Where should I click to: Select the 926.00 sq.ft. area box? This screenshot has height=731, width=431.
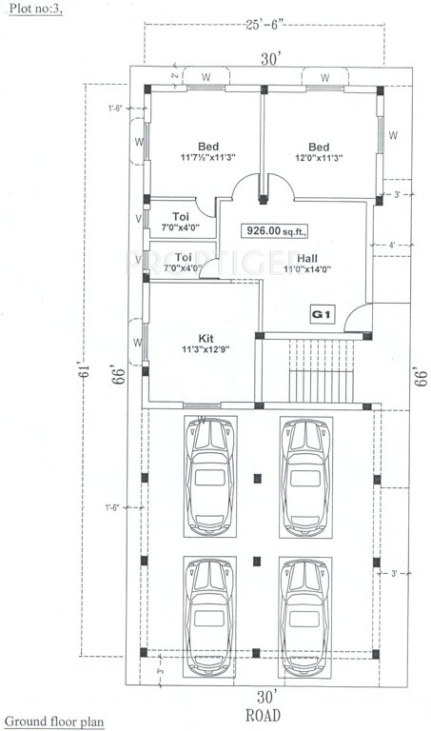[x=272, y=229]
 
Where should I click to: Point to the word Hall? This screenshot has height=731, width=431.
[x=307, y=258]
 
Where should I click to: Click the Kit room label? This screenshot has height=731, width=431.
[x=206, y=337]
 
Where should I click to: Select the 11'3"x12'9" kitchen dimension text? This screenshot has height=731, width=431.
[x=205, y=349]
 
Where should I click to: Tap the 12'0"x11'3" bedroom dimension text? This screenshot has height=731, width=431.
[x=318, y=158]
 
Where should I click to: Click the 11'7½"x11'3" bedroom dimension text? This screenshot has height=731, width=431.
[x=207, y=158]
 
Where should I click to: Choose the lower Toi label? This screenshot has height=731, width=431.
[x=183, y=257]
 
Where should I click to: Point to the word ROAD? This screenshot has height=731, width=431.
[x=263, y=711]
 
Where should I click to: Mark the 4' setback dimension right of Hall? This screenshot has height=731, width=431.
[x=391, y=247]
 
